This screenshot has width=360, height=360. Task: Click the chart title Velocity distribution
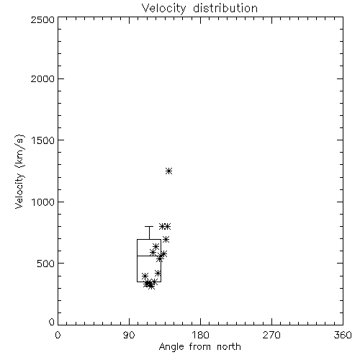tap(199, 8)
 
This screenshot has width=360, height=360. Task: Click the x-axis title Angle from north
tap(199, 347)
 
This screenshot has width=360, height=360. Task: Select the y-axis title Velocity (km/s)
tap(19, 171)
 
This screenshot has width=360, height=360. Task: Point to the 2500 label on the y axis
tap(42, 19)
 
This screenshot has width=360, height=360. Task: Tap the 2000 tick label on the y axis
tap(42, 79)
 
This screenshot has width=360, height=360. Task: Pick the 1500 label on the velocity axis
tap(43, 140)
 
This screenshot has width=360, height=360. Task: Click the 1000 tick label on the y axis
tap(43, 202)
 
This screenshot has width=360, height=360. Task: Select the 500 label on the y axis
tap(46, 264)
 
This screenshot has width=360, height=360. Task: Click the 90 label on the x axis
tap(129, 335)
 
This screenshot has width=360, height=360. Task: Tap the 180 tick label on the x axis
tap(200, 335)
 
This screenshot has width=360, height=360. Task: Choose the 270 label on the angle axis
tap(271, 335)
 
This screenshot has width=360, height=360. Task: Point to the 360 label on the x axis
tap(343, 335)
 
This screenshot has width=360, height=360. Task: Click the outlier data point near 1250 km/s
tap(169, 171)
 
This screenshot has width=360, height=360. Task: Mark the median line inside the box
tap(149, 256)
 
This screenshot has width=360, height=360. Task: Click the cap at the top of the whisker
tap(149, 226)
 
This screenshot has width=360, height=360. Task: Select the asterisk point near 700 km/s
tap(166, 239)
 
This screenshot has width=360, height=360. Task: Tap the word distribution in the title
tap(225, 8)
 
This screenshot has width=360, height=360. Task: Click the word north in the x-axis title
tap(229, 347)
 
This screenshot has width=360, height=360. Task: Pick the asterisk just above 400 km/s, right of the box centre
tap(158, 273)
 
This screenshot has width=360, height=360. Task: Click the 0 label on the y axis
tap(52, 322)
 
